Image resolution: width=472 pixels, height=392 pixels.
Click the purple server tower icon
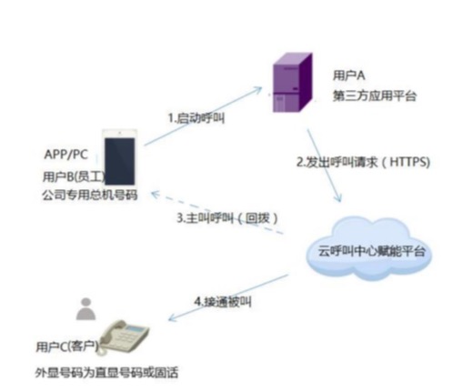pyautogui.click(x=293, y=83)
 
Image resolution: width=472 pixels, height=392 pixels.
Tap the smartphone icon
pyautogui.click(x=120, y=157)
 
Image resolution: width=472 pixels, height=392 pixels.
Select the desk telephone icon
pyautogui.click(x=123, y=337)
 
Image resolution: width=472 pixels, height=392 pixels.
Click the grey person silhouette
pyautogui.click(x=86, y=309)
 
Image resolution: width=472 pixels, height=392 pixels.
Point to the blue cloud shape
pyautogui.click(x=369, y=248)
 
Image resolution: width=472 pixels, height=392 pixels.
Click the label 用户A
pyautogui.click(x=349, y=75)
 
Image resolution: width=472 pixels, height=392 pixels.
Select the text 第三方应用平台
pyautogui.click(x=375, y=95)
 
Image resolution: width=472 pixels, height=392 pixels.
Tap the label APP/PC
pyautogui.click(x=66, y=155)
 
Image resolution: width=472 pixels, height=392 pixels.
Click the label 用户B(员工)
pyautogui.click(x=74, y=176)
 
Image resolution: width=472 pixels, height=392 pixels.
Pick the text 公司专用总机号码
pyautogui.click(x=90, y=195)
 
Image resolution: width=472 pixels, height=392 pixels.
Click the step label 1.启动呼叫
pyautogui.click(x=196, y=118)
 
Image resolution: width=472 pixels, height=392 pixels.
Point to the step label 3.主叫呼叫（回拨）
pyautogui.click(x=227, y=218)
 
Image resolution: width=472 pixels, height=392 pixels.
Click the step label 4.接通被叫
pyautogui.click(x=223, y=302)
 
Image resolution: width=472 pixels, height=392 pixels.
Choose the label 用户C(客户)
pyautogui.click(x=67, y=347)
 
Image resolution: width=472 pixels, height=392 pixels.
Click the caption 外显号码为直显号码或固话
pyautogui.click(x=106, y=373)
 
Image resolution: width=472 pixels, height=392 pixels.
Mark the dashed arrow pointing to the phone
pyautogui.click(x=216, y=213)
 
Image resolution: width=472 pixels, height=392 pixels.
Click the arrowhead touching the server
pyautogui.click(x=257, y=90)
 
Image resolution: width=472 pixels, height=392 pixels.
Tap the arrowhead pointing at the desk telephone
pyautogui.click(x=173, y=317)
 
